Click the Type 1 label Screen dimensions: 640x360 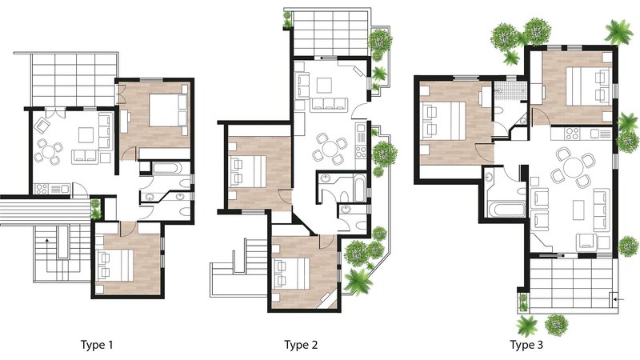coord(97,346)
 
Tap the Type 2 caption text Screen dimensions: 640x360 coord(301,346)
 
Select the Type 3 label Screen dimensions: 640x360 coord(526,346)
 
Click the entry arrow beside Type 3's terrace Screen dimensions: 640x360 coord(620,301)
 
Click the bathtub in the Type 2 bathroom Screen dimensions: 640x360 coord(360,188)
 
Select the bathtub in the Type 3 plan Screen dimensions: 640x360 coord(506,210)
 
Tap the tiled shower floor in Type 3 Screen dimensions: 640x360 coord(510,91)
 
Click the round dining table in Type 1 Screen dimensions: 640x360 coord(48,151)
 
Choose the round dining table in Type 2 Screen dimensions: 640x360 coord(329,149)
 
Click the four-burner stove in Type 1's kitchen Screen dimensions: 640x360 coord(42,189)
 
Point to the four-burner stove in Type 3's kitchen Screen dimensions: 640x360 coord(572,134)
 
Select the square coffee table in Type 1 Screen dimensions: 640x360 coord(86,134)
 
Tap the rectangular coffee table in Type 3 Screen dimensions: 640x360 coord(578,210)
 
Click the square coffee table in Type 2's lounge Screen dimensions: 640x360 coord(324,86)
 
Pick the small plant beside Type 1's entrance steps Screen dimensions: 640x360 coord(95,209)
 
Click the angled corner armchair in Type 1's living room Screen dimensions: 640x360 coord(42,126)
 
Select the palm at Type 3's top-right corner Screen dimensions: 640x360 coord(618,31)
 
